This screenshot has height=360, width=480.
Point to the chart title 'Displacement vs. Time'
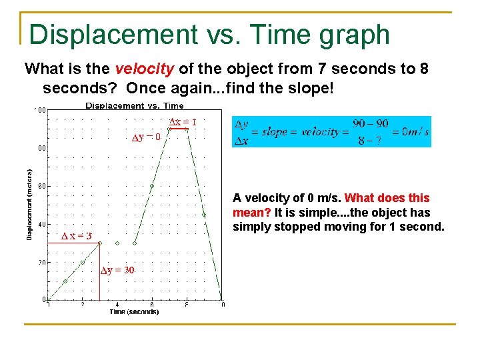tap(135, 105)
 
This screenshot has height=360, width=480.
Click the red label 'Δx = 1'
tap(183, 122)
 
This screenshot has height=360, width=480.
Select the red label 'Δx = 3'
tap(77, 236)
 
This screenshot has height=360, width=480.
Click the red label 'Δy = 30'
tap(117, 270)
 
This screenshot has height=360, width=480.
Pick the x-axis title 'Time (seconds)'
tap(134, 311)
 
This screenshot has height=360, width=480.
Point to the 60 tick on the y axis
tap(41, 187)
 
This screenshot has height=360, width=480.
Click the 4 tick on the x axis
tap(117, 305)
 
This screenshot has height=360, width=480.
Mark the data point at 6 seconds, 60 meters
tap(152, 187)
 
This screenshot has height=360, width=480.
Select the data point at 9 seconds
tap(204, 215)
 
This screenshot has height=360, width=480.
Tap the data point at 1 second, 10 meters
tap(65, 281)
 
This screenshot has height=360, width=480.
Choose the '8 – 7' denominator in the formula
tap(369, 140)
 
